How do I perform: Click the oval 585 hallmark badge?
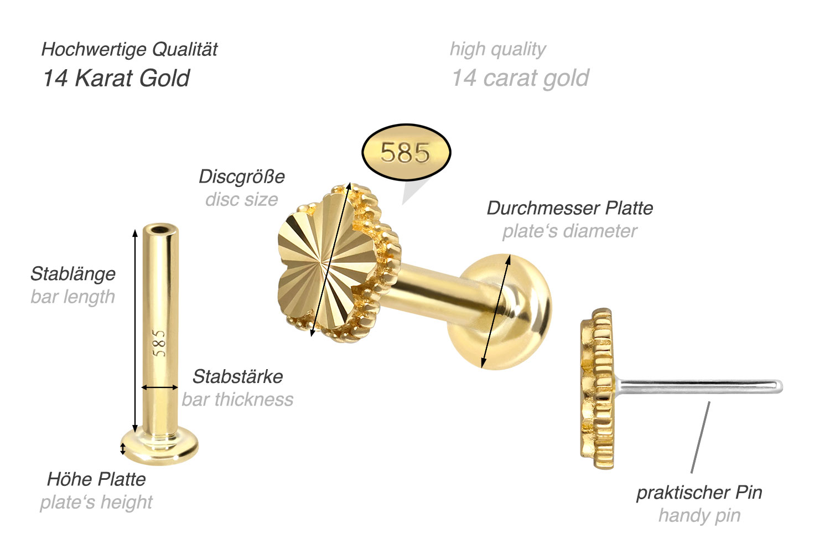click(x=406, y=152)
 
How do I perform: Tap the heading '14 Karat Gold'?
click(x=116, y=78)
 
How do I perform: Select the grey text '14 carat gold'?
click(x=520, y=78)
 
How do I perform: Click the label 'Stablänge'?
click(x=73, y=273)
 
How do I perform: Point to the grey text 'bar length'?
click(x=73, y=297)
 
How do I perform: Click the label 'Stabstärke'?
click(x=237, y=376)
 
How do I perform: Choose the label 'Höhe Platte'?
click(x=96, y=479)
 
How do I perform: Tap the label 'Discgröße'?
click(x=242, y=177)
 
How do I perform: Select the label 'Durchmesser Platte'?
click(x=569, y=208)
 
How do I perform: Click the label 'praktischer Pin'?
click(x=699, y=492)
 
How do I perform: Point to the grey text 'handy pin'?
click(x=699, y=515)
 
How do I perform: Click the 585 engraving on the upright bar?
click(x=159, y=343)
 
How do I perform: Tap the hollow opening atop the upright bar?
click(x=160, y=229)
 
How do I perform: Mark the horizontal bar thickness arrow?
click(x=160, y=387)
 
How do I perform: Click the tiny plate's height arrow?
click(x=123, y=448)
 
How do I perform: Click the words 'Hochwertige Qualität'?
click(x=129, y=49)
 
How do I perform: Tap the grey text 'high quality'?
click(x=497, y=49)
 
